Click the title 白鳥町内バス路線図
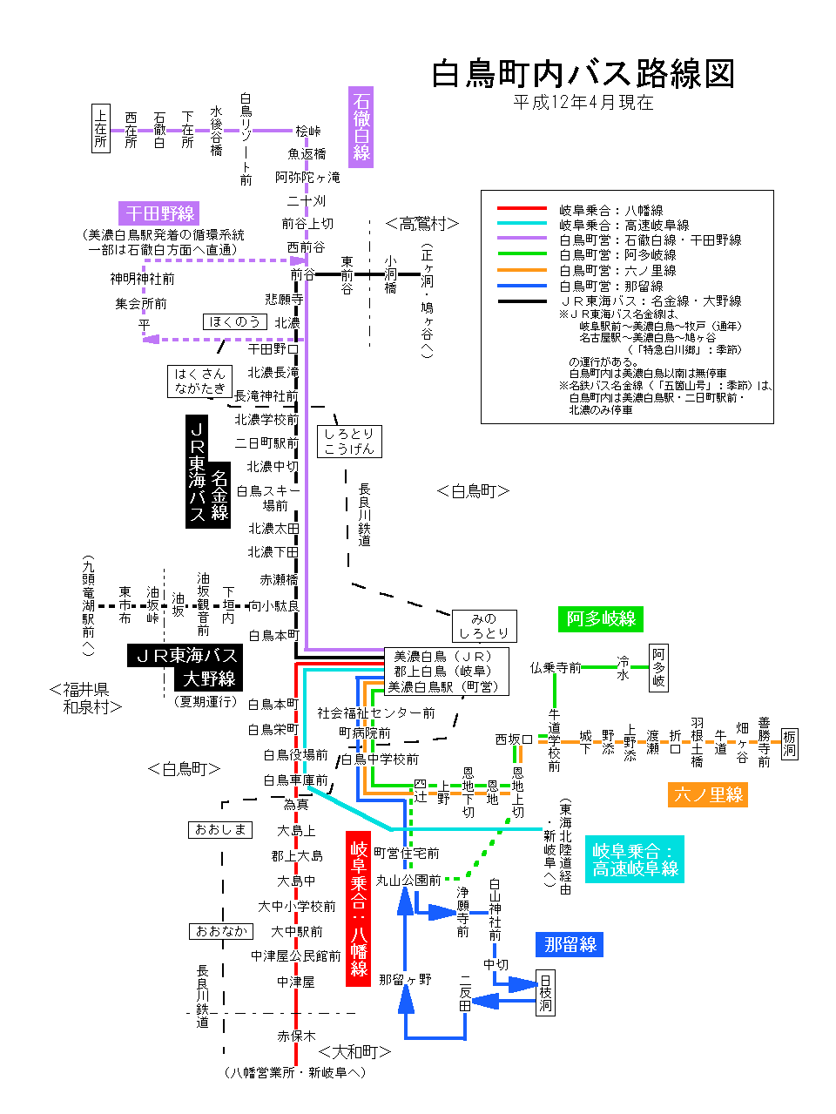pyautogui.click(x=583, y=74)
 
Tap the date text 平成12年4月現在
pyautogui.click(x=583, y=103)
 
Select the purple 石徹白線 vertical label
pyautogui.click(x=361, y=127)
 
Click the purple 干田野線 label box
pyautogui.click(x=159, y=213)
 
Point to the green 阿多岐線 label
pyautogui.click(x=601, y=618)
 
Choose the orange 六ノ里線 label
pyautogui.click(x=708, y=794)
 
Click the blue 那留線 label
pyautogui.click(x=570, y=944)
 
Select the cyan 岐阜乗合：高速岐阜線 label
pyautogui.click(x=635, y=860)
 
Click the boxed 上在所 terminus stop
pyautogui.click(x=101, y=128)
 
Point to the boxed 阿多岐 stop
pyautogui.click(x=659, y=668)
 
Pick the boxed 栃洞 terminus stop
pyautogui.click(x=789, y=743)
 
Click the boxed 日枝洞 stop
pyautogui.click(x=545, y=992)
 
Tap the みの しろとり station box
pyautogui.click(x=483, y=626)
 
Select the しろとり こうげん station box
pyautogui.click(x=348, y=441)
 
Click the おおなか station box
pyautogui.click(x=221, y=931)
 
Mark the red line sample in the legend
pyautogui.click(x=522, y=209)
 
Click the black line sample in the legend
pyautogui.click(x=522, y=301)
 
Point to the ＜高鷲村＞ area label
pyautogui.click(x=421, y=224)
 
